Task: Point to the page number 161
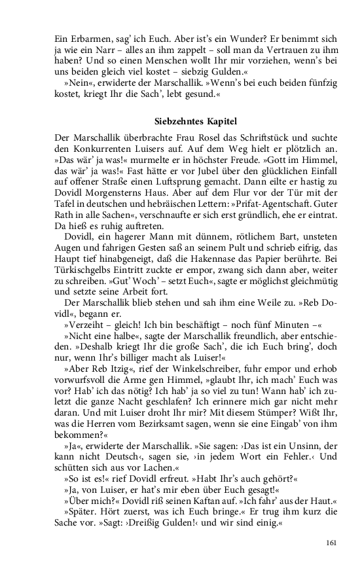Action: pos(331,542)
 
